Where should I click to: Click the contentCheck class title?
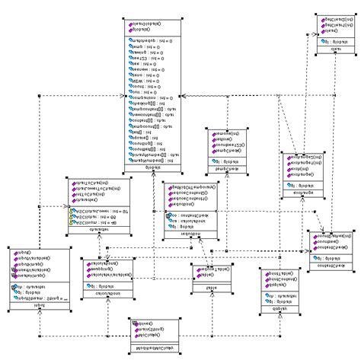[330, 264]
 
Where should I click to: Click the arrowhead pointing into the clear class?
[312, 35]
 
